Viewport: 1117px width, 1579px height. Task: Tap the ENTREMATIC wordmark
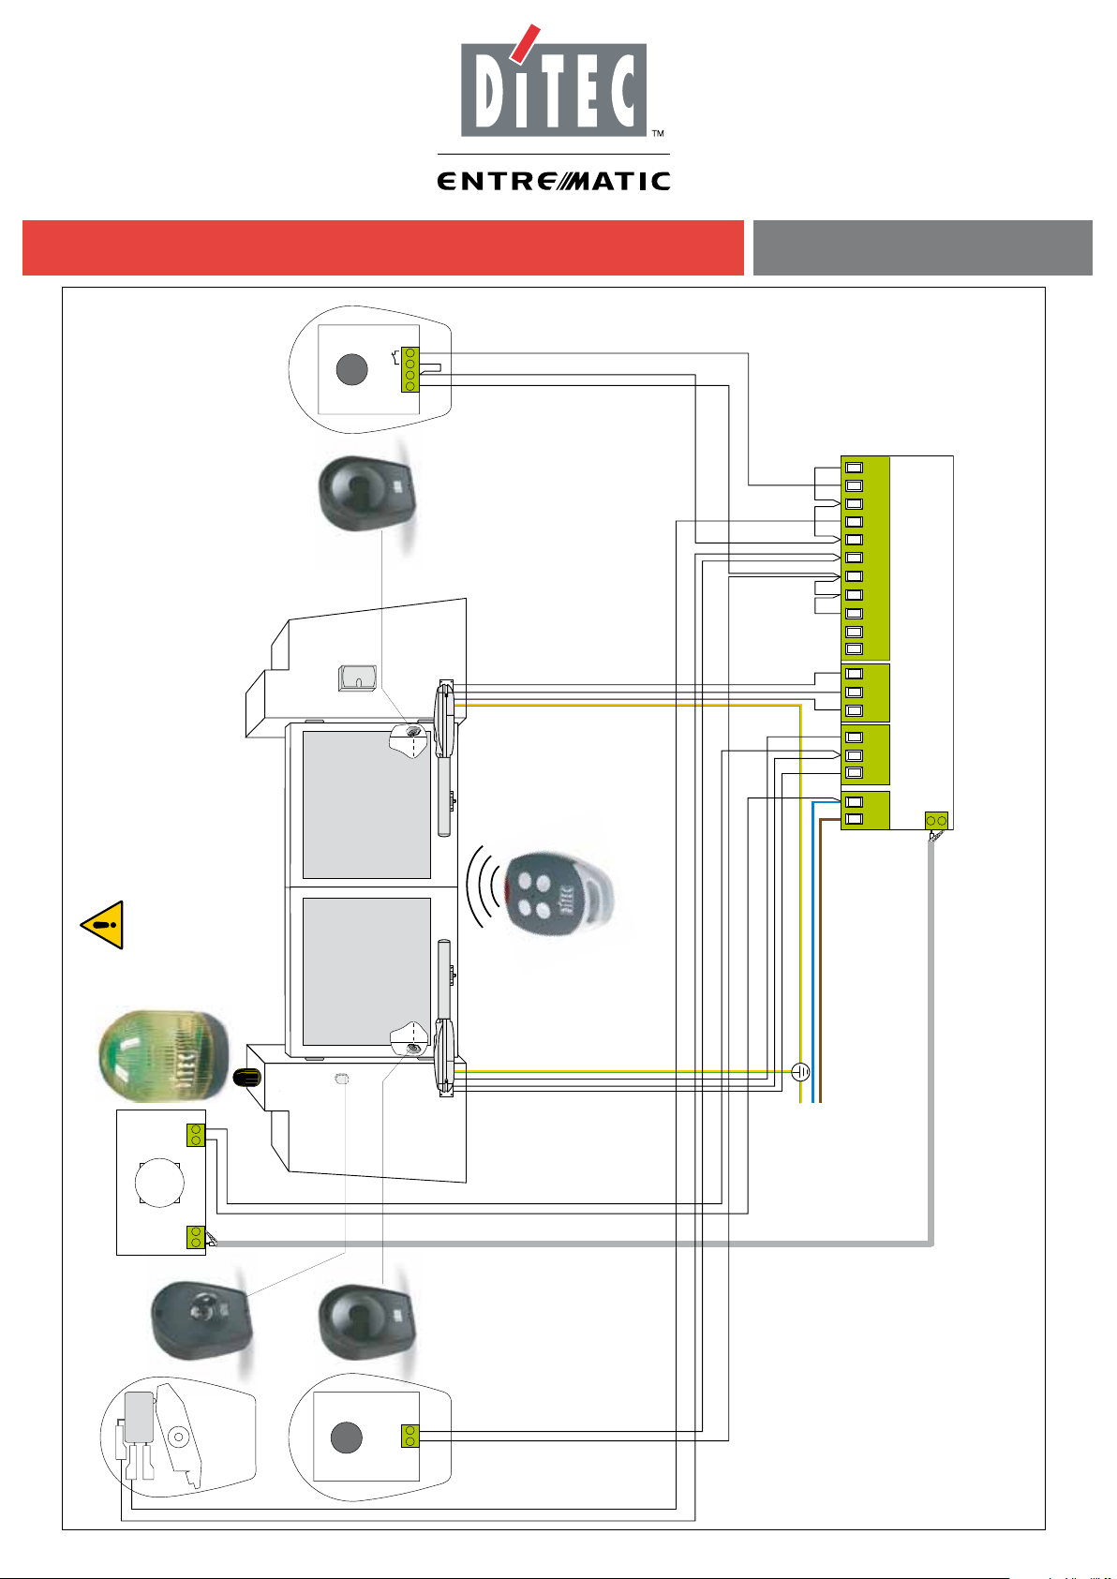(x=554, y=181)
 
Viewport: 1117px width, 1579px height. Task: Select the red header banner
(x=382, y=247)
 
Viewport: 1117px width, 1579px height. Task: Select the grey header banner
(x=922, y=247)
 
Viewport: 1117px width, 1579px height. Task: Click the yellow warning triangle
(x=103, y=925)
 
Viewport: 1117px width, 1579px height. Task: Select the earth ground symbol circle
(x=800, y=1072)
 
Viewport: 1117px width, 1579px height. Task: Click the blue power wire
(x=813, y=951)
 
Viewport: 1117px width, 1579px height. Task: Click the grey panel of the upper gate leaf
(x=366, y=804)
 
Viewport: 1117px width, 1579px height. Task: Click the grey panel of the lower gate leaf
(x=366, y=972)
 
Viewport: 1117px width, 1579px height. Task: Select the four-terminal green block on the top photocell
(x=410, y=369)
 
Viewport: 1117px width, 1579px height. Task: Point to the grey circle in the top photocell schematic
(x=351, y=369)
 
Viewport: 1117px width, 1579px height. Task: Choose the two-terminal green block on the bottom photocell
(x=410, y=1436)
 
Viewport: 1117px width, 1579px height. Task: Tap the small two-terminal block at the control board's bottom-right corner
(x=936, y=821)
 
